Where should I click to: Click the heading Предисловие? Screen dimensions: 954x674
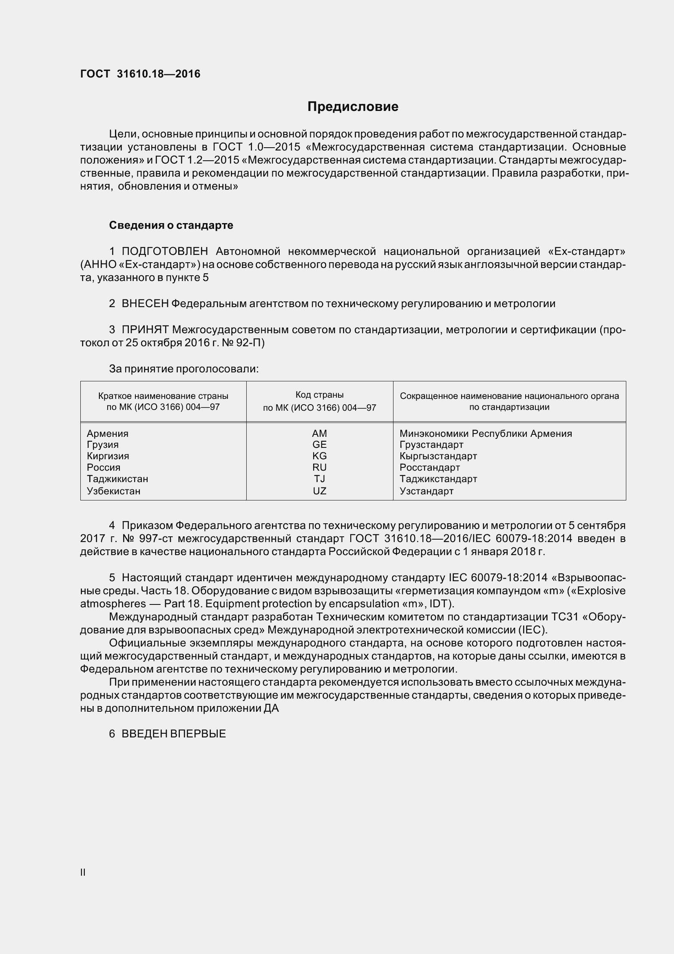[x=353, y=107]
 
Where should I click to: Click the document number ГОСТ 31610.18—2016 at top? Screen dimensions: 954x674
[x=140, y=74]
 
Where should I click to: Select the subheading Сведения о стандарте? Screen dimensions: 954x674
[x=171, y=225]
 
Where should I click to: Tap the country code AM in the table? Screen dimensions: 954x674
[x=319, y=434]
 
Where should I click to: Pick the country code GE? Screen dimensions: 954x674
[x=319, y=445]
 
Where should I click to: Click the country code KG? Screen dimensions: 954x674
[x=319, y=456]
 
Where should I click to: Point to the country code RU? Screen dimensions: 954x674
[x=319, y=467]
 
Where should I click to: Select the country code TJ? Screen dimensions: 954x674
[x=319, y=479]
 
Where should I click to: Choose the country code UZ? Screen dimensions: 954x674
[x=319, y=491]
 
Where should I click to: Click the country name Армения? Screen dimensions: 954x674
[x=108, y=434]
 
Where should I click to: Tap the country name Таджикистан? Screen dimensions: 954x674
[x=117, y=479]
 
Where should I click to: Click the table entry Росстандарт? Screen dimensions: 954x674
[x=429, y=467]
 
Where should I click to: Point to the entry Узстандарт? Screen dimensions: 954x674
[x=426, y=491]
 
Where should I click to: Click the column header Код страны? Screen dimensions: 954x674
[x=319, y=395]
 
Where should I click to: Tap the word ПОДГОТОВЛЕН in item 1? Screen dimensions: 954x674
[x=164, y=251]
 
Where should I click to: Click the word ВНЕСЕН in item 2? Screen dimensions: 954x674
[x=145, y=304]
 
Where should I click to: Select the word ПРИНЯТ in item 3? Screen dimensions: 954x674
[x=145, y=330]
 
